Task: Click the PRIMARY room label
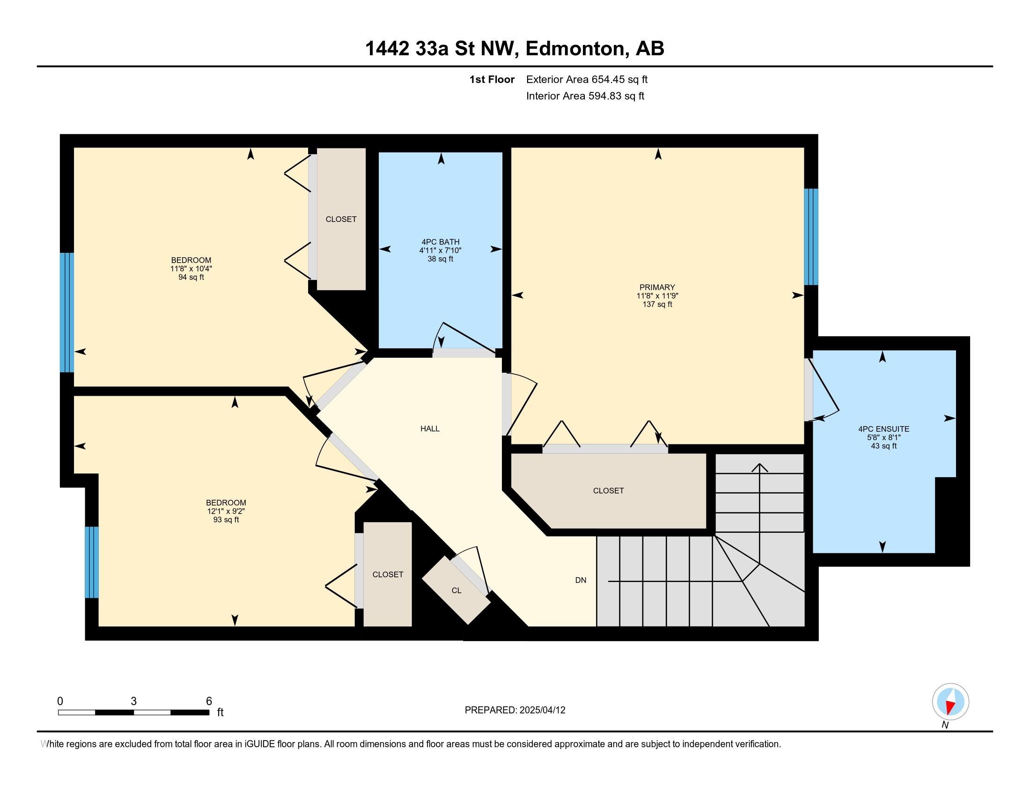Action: pos(657,287)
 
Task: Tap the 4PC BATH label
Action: pos(441,242)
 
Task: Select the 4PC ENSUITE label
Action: pos(883,429)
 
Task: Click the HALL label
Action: pos(430,428)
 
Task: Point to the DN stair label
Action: pos(581,581)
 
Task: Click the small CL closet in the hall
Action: pos(456,590)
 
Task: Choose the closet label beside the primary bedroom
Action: pos(608,491)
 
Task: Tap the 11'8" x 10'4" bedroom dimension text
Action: pos(191,269)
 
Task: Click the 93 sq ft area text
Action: pos(226,520)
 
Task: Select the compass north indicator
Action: pos(950,702)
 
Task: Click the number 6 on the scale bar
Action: pos(208,701)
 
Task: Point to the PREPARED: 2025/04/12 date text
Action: pos(515,710)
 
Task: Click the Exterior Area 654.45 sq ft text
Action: pos(587,80)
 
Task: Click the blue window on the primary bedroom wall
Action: pos(811,237)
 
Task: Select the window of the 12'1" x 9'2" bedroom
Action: pos(92,562)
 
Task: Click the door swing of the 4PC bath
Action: pos(464,338)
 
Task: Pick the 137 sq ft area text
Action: pos(657,305)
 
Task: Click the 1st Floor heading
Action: pos(492,80)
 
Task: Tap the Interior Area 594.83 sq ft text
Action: pos(585,96)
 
